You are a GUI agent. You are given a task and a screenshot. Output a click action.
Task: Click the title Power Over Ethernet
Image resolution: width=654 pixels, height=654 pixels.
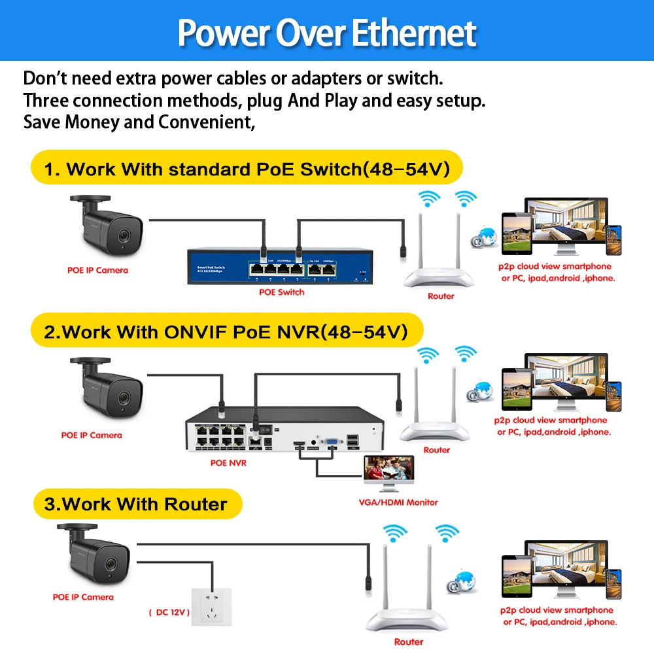pyautogui.click(x=327, y=33)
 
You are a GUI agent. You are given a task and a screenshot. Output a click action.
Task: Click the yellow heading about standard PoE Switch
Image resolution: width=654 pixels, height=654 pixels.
pyautogui.click(x=247, y=169)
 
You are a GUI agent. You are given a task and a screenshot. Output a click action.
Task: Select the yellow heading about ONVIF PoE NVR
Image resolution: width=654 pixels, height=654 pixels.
pyautogui.click(x=226, y=332)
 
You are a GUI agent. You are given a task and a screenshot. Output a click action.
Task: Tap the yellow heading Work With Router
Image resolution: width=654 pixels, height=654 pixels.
pyautogui.click(x=135, y=504)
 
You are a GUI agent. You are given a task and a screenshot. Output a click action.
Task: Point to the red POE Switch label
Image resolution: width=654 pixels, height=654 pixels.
pyautogui.click(x=281, y=292)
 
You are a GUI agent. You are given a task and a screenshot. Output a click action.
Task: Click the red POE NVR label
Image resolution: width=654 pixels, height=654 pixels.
pyautogui.click(x=228, y=463)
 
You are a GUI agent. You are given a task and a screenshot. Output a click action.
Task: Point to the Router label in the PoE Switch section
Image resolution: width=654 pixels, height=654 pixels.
pyautogui.click(x=441, y=296)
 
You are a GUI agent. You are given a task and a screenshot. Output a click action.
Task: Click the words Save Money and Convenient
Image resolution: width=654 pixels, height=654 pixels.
pyautogui.click(x=139, y=122)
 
